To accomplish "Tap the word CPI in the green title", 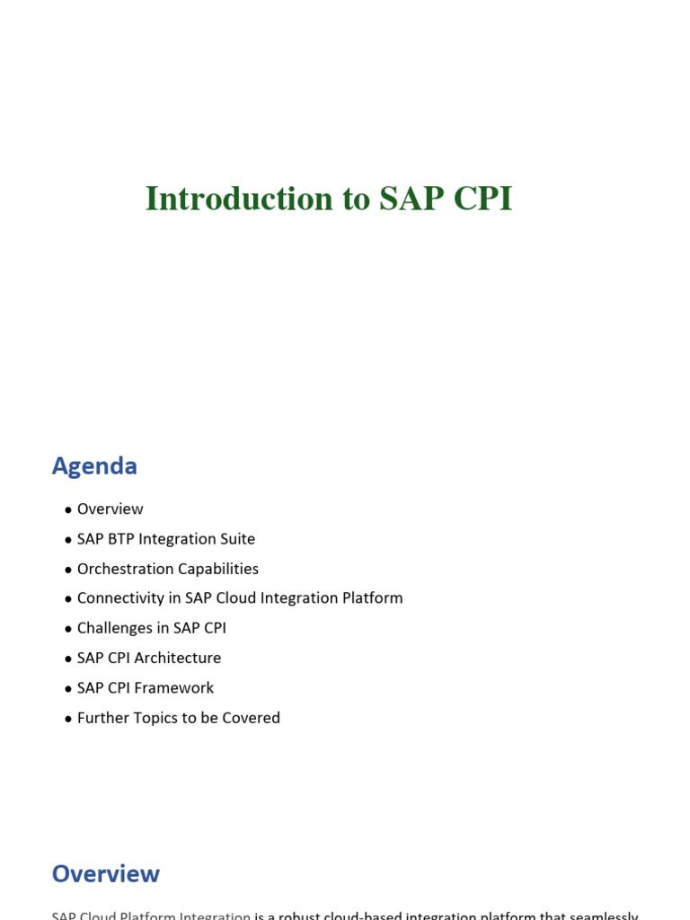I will [x=482, y=199].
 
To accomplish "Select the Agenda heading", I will [x=94, y=466].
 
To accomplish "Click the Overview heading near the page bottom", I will [x=105, y=874].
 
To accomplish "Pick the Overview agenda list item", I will [x=110, y=509].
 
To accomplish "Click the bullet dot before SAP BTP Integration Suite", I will [x=68, y=540].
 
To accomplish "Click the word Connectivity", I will [x=118, y=598].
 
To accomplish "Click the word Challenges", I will [x=114, y=628].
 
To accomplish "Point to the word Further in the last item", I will [x=102, y=718].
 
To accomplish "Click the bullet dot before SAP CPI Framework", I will [x=68, y=689].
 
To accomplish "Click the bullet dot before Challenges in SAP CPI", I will [x=68, y=629].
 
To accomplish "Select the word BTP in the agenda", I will [x=122, y=539].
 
